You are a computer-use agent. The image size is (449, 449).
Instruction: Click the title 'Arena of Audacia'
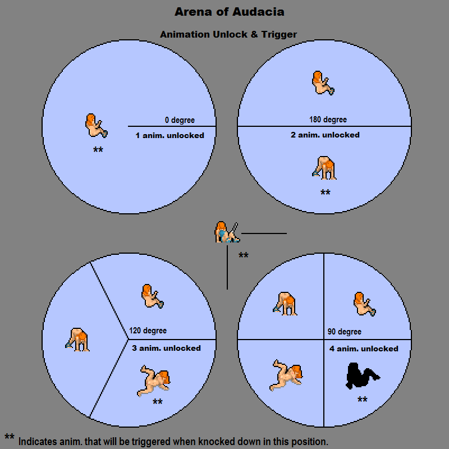tap(228, 11)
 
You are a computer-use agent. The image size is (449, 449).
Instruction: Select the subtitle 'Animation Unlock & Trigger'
tap(228, 34)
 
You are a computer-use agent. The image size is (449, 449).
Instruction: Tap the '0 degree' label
tap(180, 120)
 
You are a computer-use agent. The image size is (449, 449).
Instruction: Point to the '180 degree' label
tap(328, 120)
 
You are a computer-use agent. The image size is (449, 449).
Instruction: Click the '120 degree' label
tap(148, 331)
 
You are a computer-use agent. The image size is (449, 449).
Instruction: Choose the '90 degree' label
tap(344, 332)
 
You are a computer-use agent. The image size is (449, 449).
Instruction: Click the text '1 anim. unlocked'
tap(169, 135)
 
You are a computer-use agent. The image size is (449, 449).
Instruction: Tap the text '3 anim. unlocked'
tap(166, 348)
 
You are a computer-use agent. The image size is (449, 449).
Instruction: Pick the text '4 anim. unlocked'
tap(363, 349)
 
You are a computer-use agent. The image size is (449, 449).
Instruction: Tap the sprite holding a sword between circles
tap(227, 232)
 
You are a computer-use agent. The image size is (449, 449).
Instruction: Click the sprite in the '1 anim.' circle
tap(95, 125)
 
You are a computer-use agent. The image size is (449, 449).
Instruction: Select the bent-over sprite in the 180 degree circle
tap(325, 168)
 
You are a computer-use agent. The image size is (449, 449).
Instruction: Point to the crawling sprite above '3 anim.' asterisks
tap(155, 381)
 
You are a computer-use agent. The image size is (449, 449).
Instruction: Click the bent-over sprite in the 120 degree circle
tap(77, 340)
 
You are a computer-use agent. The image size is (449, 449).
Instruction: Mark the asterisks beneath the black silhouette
tap(362, 400)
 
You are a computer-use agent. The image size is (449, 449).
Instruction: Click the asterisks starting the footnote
tap(9, 437)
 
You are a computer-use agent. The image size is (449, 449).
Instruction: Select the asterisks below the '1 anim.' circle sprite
tap(98, 150)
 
